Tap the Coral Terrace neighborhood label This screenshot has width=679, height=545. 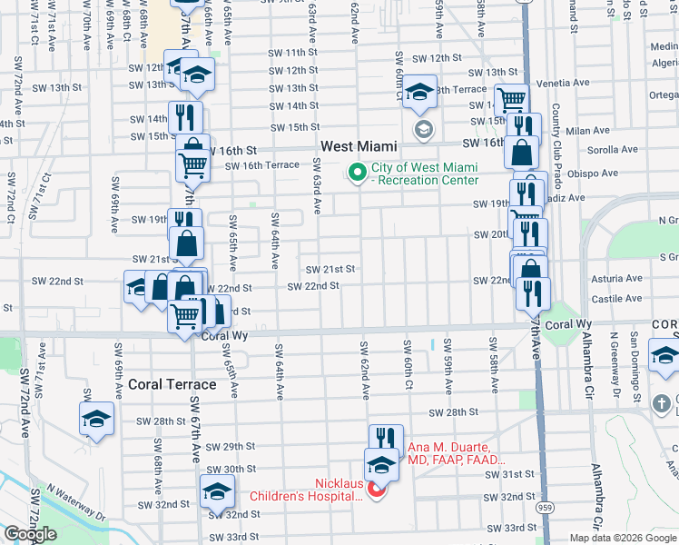[172, 384]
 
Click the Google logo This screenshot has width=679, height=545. [30, 534]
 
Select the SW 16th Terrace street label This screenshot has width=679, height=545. [262, 165]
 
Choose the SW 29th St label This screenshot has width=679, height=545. [231, 447]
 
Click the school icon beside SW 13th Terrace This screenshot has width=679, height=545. [420, 92]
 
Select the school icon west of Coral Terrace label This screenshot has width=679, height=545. [96, 419]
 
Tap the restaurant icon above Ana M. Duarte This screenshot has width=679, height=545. [387, 439]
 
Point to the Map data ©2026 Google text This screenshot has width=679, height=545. [624, 538]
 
